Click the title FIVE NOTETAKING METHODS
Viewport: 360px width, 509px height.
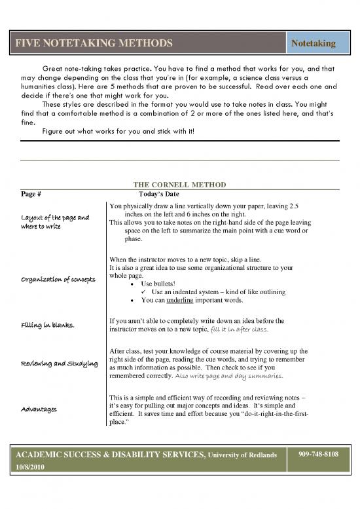point(95,43)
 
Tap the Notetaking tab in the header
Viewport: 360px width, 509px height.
point(313,43)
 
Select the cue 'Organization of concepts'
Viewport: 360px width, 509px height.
point(57,283)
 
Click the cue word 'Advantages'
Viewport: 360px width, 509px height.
point(37,409)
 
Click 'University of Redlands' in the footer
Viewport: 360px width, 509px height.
point(242,455)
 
